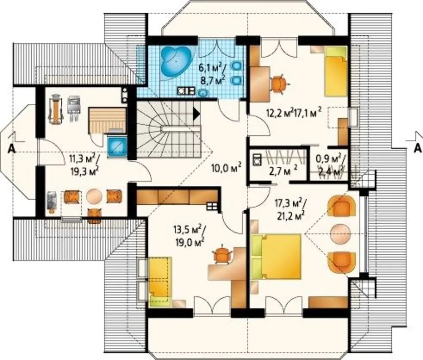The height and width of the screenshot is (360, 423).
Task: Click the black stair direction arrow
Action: point(197,114)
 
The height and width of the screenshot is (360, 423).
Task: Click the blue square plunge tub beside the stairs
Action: point(117,147)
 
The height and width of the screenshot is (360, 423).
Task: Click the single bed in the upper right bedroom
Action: point(335,72)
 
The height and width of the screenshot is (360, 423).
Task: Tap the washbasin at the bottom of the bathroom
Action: point(203,93)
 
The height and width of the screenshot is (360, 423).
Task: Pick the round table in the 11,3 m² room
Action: point(94,196)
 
